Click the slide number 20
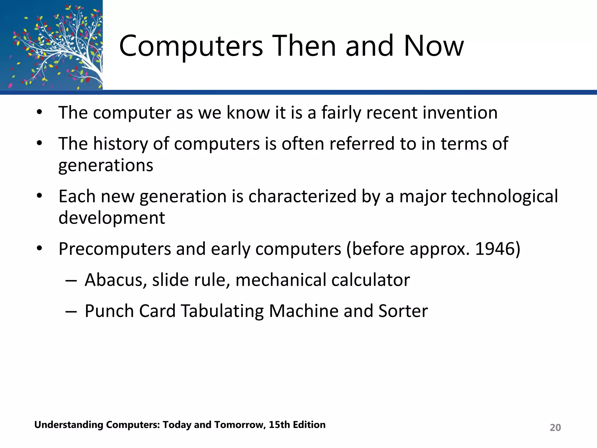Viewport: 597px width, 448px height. (555, 428)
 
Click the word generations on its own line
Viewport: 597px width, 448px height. (106, 165)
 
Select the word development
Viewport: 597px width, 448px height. (112, 218)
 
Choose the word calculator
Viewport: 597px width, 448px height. (370, 280)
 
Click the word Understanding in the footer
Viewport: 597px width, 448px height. (69, 425)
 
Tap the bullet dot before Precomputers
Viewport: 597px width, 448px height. (40, 249)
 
